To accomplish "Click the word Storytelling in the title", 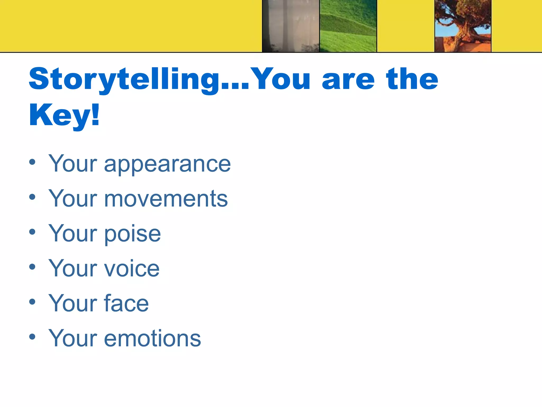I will coord(124,79).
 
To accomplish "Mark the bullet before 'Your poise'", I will coord(32,232).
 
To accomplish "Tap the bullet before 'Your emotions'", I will coord(32,337).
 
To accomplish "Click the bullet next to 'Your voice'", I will coord(32,267).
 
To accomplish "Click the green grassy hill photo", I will coord(348,26).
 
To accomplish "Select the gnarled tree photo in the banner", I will coord(463,26).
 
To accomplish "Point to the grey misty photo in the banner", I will coord(291,26).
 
